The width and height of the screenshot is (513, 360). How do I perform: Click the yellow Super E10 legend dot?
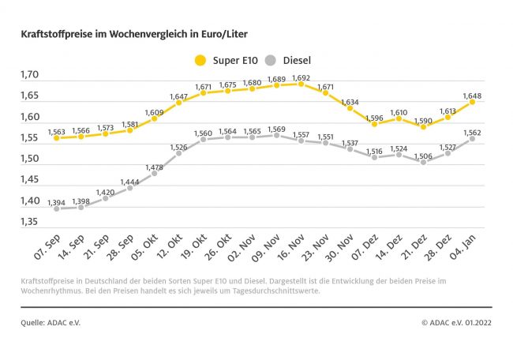pos(200,60)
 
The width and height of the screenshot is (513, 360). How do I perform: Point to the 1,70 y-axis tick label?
pos(30,76)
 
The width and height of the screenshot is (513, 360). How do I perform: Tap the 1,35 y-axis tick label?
pos(30,222)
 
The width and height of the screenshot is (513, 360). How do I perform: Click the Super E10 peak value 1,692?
pos(301,78)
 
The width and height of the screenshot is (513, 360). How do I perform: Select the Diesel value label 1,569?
pos(276,129)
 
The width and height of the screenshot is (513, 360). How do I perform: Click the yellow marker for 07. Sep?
pos(57,137)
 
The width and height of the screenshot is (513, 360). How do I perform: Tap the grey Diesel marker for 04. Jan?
pos(472,137)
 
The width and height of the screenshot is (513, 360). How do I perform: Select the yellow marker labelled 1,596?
pos(374,124)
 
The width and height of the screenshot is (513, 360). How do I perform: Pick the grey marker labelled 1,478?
pos(154,172)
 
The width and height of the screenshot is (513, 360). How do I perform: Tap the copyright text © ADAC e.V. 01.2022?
pos(455,322)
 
